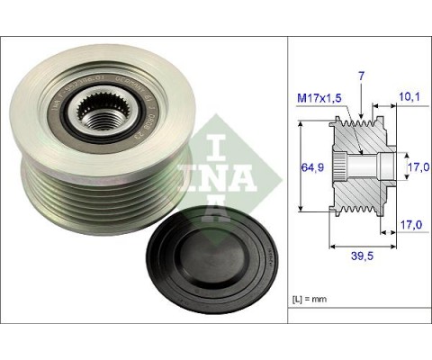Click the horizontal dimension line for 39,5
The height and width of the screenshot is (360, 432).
coord(359,243)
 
